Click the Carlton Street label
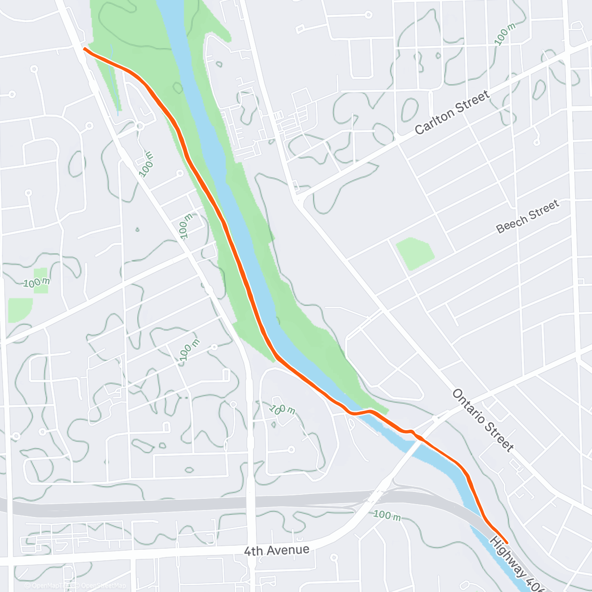pos(452,112)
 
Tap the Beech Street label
pos(527,216)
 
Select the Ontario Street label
pos(483,420)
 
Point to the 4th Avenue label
pos(277,550)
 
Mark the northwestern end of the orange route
pos(85,49)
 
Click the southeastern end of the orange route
pos(506,543)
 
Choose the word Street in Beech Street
pos(544,210)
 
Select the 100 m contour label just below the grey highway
pos(387,515)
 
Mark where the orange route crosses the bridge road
pos(418,437)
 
